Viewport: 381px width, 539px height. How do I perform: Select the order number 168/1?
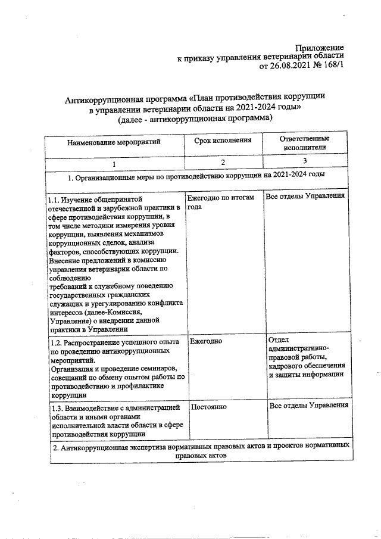click(x=331, y=67)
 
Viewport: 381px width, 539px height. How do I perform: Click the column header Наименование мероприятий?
click(x=114, y=143)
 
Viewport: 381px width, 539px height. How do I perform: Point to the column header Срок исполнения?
click(x=223, y=140)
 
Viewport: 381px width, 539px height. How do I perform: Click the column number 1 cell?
click(x=114, y=163)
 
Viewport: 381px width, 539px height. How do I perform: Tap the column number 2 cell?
click(x=223, y=162)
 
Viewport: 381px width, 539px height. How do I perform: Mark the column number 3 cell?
click(x=305, y=161)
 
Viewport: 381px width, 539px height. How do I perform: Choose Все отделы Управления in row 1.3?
click(x=308, y=406)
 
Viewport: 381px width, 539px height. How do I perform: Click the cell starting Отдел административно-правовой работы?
click(x=307, y=357)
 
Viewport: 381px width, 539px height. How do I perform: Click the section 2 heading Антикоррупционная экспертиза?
click(x=200, y=450)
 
